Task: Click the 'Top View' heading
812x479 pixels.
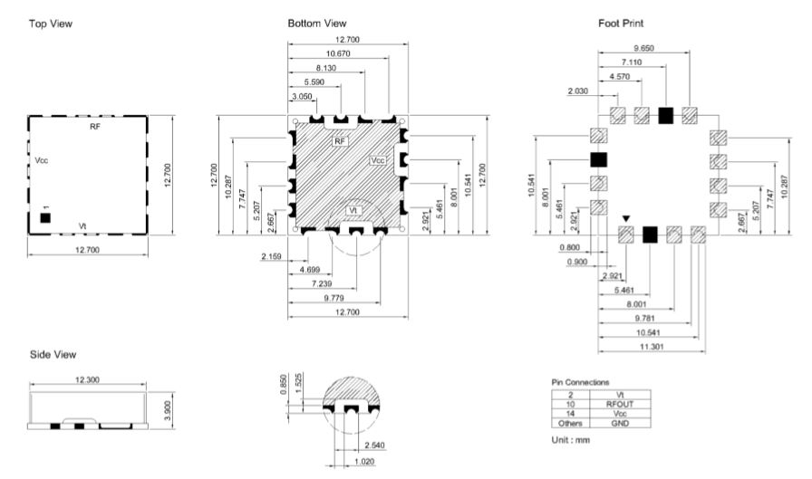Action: pyautogui.click(x=51, y=24)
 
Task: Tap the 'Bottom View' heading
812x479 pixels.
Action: pyautogui.click(x=317, y=24)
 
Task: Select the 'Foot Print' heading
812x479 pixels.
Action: pyautogui.click(x=621, y=24)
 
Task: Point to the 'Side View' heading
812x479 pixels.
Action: pyautogui.click(x=53, y=355)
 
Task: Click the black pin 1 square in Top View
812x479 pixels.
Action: pyautogui.click(x=45, y=218)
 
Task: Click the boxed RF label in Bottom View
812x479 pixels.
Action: pyautogui.click(x=339, y=140)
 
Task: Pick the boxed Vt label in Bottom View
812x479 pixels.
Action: pyautogui.click(x=353, y=210)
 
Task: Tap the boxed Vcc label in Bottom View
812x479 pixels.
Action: pyautogui.click(x=378, y=160)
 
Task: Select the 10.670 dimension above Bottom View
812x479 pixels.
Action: pyautogui.click(x=338, y=53)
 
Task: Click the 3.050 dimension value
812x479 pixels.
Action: pyautogui.click(x=302, y=96)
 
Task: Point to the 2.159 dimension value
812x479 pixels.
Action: pyautogui.click(x=271, y=256)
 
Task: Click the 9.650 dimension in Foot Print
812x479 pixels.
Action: pyautogui.click(x=643, y=48)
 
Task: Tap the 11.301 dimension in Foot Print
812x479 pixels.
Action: pyautogui.click(x=652, y=347)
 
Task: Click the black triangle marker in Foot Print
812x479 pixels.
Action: pyautogui.click(x=626, y=219)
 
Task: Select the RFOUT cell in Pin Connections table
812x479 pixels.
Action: pyautogui.click(x=620, y=405)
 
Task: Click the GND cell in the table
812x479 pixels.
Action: pyautogui.click(x=620, y=423)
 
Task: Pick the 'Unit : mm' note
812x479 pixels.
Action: pyautogui.click(x=571, y=440)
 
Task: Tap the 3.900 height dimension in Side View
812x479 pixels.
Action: pyautogui.click(x=168, y=411)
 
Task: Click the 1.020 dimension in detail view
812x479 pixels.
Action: pyautogui.click(x=364, y=462)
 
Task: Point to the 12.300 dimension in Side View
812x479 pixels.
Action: pyautogui.click(x=87, y=379)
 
